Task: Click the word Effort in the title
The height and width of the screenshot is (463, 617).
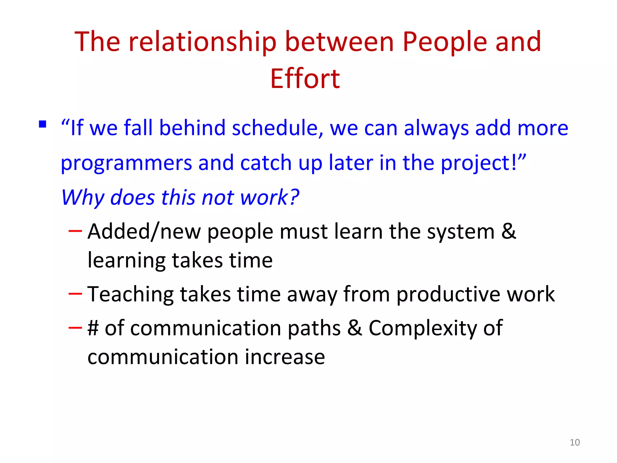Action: tap(305, 79)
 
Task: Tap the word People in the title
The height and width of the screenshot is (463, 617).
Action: tap(445, 42)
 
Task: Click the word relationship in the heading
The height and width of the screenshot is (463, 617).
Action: tap(202, 42)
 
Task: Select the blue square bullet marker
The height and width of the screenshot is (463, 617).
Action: tap(42, 124)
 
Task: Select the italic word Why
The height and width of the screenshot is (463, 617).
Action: tap(83, 198)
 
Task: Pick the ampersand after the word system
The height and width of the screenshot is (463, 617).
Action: tap(509, 231)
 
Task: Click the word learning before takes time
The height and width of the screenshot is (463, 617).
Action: tap(126, 260)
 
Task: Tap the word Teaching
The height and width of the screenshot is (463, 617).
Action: tap(130, 294)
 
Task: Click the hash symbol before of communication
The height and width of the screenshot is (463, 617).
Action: tap(93, 328)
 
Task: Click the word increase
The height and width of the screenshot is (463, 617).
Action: tap(285, 357)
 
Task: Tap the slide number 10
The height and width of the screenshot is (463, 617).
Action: tap(575, 443)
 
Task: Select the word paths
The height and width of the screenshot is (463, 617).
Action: tap(314, 329)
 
